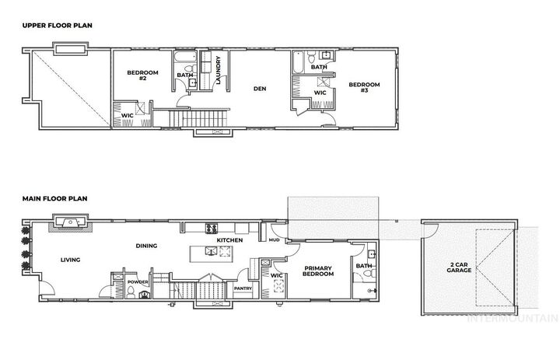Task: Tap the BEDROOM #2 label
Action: tap(143, 75)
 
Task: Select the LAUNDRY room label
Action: tap(219, 70)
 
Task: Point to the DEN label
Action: tap(260, 89)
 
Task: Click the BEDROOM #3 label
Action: tap(364, 87)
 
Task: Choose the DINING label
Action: tap(146, 246)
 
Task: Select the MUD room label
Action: tap(274, 240)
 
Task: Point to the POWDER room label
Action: tap(138, 281)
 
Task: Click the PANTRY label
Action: tap(243, 288)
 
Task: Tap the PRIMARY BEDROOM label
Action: tap(319, 271)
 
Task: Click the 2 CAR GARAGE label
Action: tap(458, 267)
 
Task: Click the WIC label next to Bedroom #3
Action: tap(320, 92)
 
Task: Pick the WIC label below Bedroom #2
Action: tap(126, 116)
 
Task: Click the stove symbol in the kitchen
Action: tap(210, 228)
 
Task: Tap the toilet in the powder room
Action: tap(133, 293)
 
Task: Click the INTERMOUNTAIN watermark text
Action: tap(513, 318)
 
